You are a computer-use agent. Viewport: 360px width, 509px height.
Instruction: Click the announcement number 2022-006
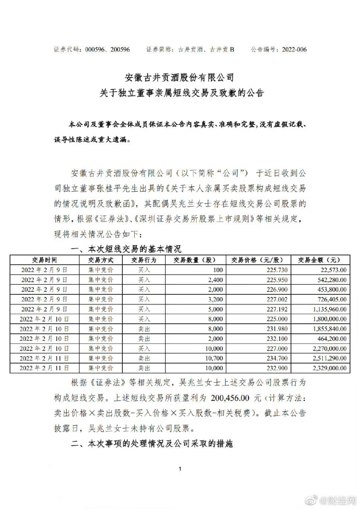(294, 50)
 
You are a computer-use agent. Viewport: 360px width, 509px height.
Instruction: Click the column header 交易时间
(44, 260)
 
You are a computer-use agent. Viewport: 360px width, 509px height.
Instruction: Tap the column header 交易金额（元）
(319, 260)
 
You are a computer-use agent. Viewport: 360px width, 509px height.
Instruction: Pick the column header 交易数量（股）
(194, 260)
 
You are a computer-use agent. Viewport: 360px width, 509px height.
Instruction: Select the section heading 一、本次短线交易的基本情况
(126, 249)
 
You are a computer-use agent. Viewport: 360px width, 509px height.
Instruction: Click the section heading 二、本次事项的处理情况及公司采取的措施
(151, 444)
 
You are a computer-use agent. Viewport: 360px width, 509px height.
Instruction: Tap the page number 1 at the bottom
(180, 469)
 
